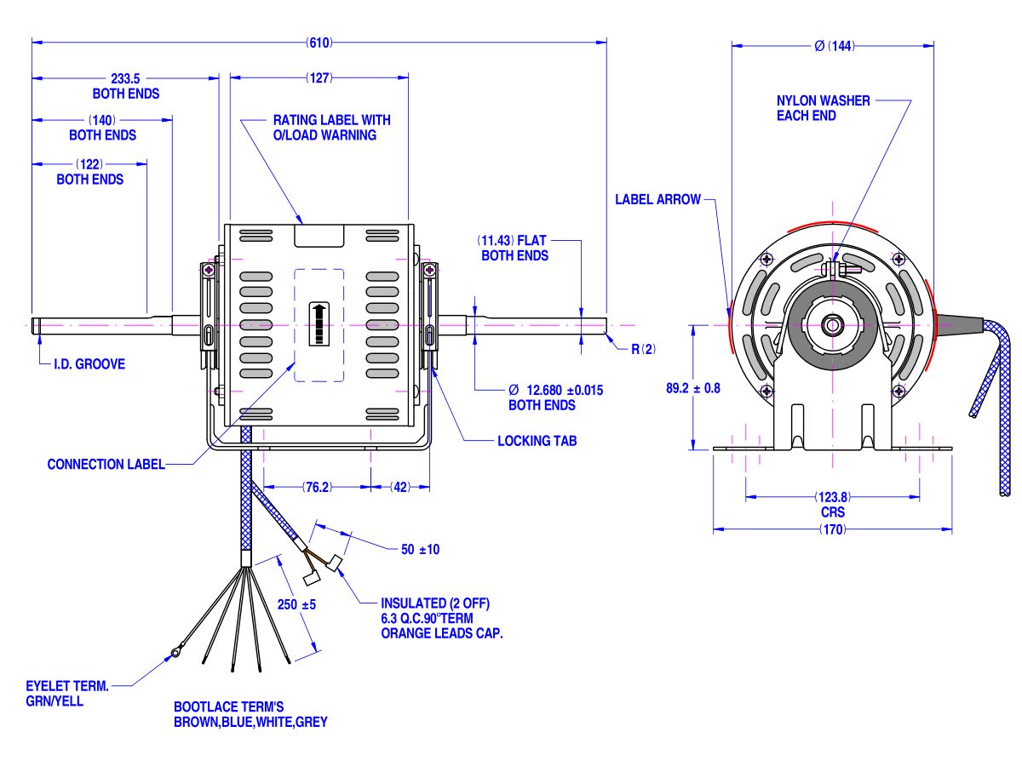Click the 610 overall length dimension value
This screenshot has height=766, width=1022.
point(319,42)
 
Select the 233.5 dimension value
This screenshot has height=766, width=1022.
point(126,78)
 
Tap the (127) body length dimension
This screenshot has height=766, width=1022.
point(319,78)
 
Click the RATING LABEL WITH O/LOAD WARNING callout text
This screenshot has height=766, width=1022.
point(331,128)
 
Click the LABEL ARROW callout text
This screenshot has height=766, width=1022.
point(657,200)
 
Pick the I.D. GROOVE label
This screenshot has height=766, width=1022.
point(89,364)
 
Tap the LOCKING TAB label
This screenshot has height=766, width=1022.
point(537,442)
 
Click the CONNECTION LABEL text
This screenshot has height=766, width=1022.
point(106,465)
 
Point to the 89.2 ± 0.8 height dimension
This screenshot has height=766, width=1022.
point(692,388)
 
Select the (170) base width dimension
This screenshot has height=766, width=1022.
point(832,529)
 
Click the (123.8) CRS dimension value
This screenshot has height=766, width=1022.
point(832,496)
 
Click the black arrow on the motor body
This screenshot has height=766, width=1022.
point(319,323)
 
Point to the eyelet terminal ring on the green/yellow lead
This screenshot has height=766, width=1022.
point(175,654)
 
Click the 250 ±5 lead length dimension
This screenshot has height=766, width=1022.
point(297,604)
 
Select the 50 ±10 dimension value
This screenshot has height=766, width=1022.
point(420,550)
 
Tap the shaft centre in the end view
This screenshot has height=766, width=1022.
point(832,324)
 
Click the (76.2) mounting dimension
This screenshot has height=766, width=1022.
point(317,488)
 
